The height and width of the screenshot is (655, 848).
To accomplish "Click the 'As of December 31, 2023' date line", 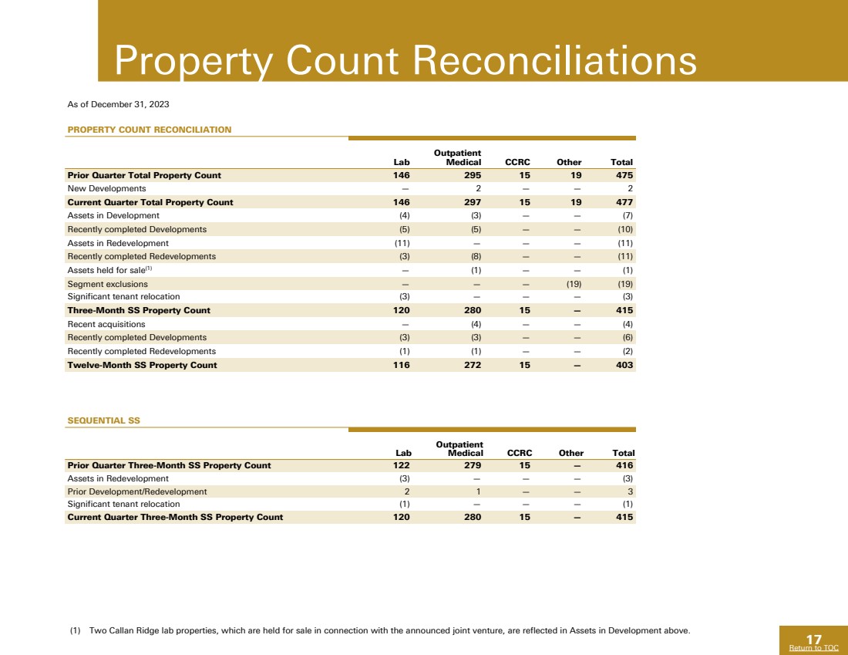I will [119, 103].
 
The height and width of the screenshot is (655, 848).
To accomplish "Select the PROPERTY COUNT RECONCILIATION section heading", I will [150, 130].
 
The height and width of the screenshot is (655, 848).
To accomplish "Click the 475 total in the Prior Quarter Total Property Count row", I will [621, 175].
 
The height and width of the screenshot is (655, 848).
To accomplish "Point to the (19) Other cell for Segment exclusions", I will [570, 283].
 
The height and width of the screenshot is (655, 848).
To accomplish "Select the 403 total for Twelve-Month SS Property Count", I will [624, 364].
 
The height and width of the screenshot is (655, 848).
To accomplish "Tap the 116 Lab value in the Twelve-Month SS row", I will [401, 364].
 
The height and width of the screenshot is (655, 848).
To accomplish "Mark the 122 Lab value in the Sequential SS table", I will [401, 465].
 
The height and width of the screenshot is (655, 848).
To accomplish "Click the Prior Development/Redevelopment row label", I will [137, 491].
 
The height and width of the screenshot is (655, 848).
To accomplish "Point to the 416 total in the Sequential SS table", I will [624, 465].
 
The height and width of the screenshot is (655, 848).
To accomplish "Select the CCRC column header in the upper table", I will [517, 162].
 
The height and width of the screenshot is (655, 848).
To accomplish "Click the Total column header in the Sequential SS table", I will [621, 453].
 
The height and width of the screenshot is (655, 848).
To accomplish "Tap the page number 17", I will [813, 638].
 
